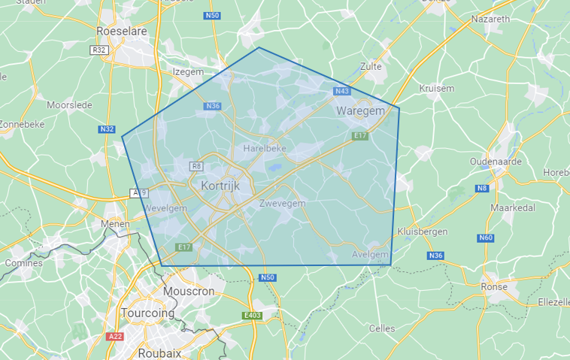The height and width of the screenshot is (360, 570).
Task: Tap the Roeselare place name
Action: click(122, 31)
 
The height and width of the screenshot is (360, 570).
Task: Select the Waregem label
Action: click(360, 110)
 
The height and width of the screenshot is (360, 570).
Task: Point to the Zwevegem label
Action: click(282, 204)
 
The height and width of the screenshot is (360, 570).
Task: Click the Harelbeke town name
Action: click(265, 149)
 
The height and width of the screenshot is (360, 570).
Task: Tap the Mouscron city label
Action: click(189, 291)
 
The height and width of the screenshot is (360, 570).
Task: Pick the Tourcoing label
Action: click(148, 313)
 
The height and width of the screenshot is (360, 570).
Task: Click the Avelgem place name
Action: click(370, 255)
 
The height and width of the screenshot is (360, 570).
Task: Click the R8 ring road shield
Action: click(197, 166)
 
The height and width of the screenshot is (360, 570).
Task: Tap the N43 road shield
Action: click(342, 91)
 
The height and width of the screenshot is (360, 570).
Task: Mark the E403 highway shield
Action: click(252, 316)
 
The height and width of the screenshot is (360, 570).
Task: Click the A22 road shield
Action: click(115, 336)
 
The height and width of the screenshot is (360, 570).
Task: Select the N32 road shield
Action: click(107, 129)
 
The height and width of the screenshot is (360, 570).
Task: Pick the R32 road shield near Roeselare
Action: click(98, 50)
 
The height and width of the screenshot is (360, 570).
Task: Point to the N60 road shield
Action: click(485, 238)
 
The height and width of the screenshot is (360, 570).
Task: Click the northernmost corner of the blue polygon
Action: click(259, 48)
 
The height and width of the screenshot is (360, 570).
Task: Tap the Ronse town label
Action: click(494, 286)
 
